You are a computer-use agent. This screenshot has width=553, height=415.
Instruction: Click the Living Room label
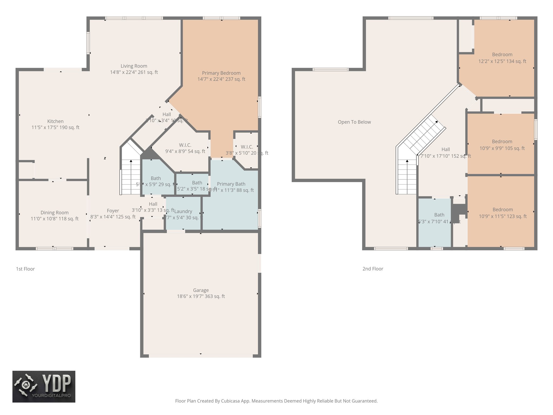click(x=134, y=66)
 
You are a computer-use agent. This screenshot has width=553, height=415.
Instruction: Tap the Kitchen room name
click(x=55, y=121)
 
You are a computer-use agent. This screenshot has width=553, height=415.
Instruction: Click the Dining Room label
click(x=55, y=213)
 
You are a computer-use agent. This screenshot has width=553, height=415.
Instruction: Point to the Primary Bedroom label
click(x=221, y=73)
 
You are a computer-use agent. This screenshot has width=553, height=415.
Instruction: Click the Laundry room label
click(x=183, y=211)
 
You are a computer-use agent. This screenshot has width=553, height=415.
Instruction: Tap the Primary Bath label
click(x=231, y=184)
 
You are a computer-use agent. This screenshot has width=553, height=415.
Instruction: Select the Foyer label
click(x=113, y=211)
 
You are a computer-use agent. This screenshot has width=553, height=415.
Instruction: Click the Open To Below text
click(x=354, y=122)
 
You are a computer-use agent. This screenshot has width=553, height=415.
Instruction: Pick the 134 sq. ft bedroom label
click(x=502, y=55)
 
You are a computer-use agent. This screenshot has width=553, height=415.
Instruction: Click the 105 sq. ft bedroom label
click(x=502, y=142)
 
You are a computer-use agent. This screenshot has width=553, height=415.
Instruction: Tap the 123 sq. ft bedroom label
click(x=503, y=210)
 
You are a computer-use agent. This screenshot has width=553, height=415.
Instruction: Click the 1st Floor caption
click(x=25, y=269)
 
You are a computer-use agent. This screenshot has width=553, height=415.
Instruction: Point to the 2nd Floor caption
click(x=373, y=269)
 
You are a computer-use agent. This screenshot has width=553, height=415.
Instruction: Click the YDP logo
click(x=44, y=386)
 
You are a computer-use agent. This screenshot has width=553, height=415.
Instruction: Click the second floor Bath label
click(x=439, y=215)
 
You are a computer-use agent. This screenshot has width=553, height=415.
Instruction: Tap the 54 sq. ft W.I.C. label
click(x=185, y=145)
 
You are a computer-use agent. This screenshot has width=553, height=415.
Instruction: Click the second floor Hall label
click(x=446, y=149)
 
